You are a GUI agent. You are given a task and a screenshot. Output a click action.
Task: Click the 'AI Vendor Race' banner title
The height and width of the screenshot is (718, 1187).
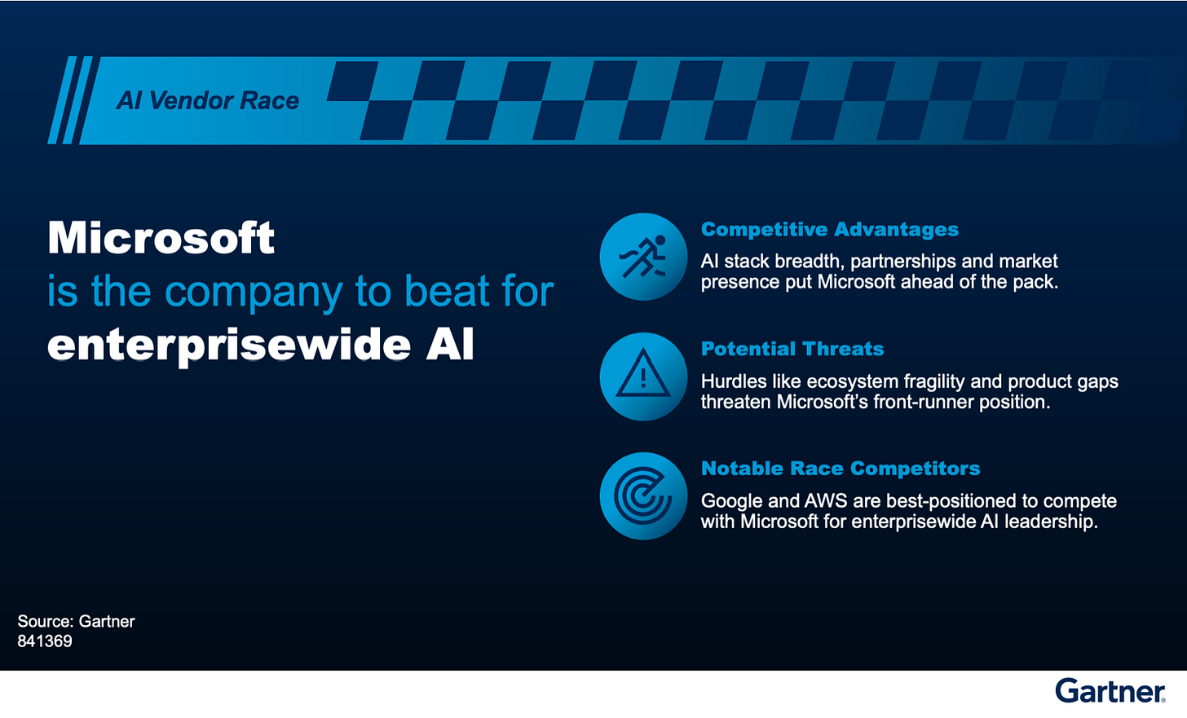click(208, 100)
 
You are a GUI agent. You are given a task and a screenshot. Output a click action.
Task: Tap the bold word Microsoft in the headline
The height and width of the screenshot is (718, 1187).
click(161, 238)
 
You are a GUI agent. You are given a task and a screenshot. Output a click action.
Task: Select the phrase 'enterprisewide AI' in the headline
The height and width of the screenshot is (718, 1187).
click(261, 345)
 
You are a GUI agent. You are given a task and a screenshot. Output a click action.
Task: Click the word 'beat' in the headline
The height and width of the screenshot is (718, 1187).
click(439, 292)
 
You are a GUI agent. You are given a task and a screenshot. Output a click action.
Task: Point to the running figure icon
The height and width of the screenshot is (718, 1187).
click(643, 257)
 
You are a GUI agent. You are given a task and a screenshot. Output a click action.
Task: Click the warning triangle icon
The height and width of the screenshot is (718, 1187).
click(643, 377)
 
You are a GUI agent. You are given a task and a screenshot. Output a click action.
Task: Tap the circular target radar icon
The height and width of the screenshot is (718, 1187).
click(643, 496)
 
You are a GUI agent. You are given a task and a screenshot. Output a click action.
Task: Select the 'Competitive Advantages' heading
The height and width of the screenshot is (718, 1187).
click(829, 230)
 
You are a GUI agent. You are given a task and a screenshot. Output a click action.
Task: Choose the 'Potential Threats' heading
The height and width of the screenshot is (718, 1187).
click(792, 349)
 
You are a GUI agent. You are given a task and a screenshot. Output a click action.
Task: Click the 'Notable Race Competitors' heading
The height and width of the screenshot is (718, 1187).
click(840, 469)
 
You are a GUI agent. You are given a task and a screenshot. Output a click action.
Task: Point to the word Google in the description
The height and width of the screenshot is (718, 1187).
click(730, 501)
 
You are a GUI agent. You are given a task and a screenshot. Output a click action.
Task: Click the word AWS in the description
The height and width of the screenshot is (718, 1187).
click(826, 501)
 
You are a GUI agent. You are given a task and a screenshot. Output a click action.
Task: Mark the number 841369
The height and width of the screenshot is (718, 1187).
click(45, 641)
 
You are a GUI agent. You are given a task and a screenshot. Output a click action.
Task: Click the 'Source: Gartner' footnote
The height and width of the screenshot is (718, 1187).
click(76, 621)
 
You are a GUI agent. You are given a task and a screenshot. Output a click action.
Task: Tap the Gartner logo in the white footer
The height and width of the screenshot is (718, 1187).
click(1110, 691)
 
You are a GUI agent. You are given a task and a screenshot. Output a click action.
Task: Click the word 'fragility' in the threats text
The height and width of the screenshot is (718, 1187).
click(933, 381)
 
